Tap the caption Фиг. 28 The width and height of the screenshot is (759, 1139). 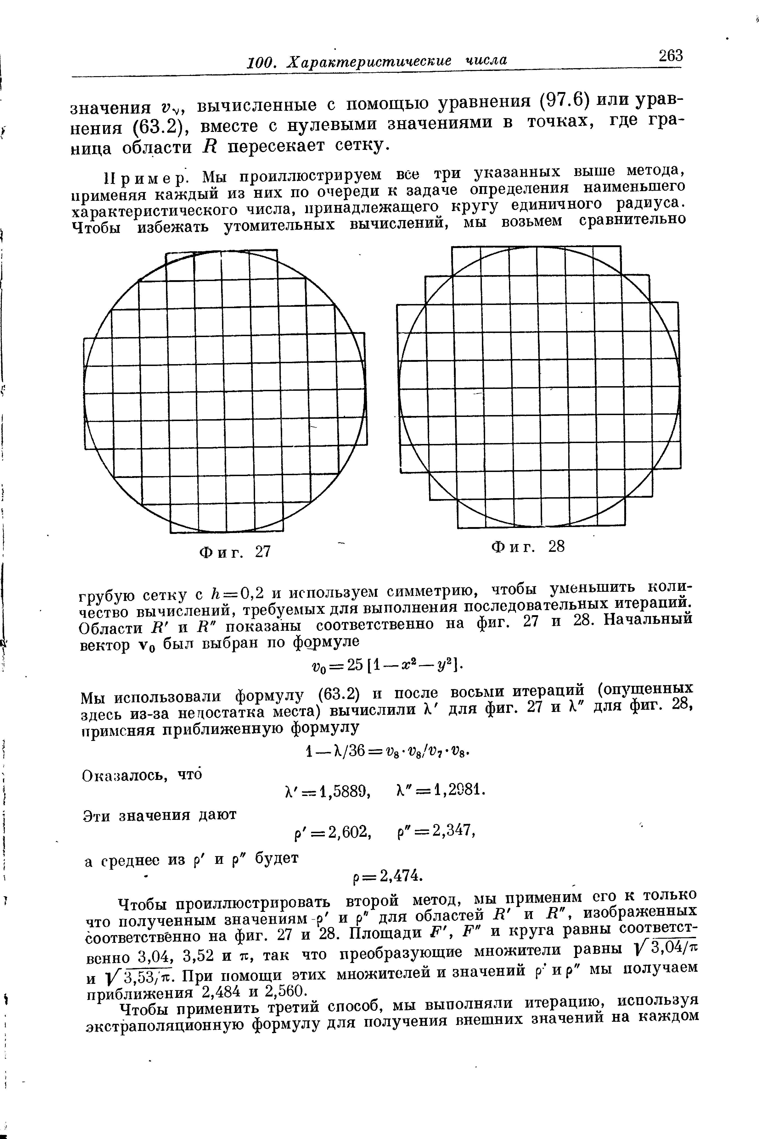(x=528, y=547)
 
